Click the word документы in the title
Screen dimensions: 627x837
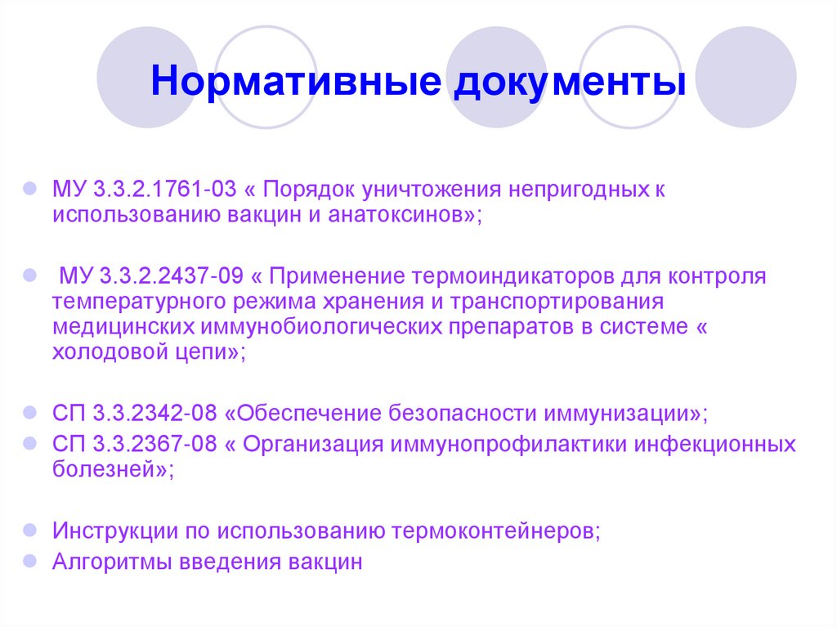(566, 84)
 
